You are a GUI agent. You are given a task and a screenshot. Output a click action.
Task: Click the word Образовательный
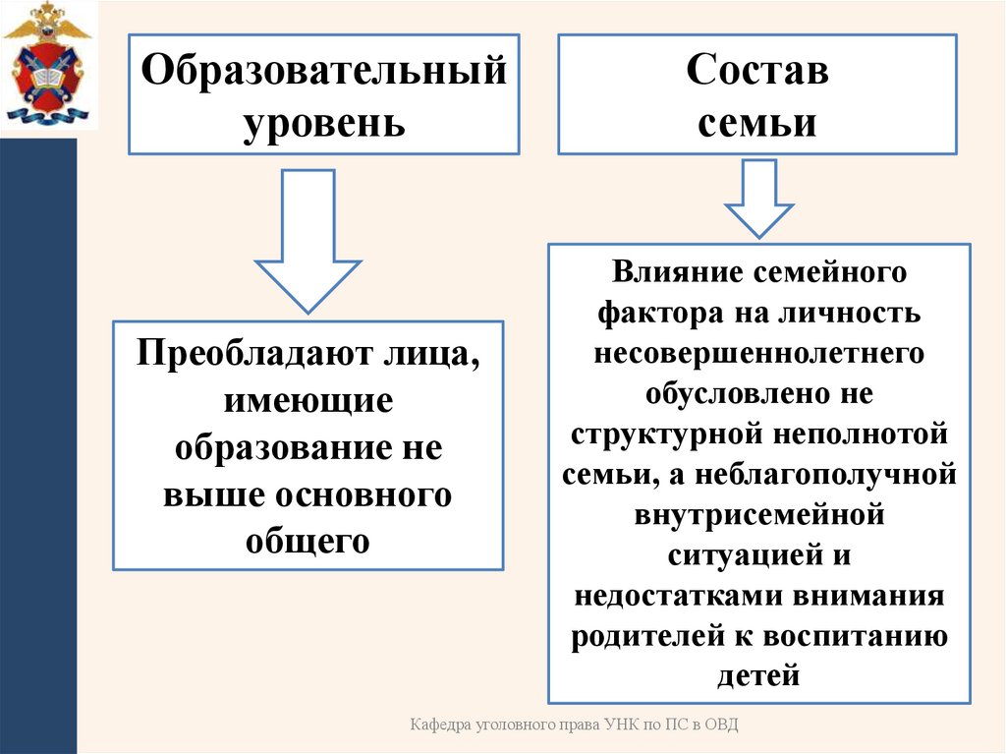(324, 72)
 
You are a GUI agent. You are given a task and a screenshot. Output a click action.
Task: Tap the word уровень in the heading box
(324, 123)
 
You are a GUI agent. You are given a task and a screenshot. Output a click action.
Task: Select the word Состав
(756, 72)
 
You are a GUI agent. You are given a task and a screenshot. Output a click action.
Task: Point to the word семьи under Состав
(756, 123)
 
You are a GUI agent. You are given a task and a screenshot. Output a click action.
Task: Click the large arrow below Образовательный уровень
(307, 241)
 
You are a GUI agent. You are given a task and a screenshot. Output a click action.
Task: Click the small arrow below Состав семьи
(758, 198)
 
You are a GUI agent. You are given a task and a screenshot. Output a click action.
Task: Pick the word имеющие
(307, 400)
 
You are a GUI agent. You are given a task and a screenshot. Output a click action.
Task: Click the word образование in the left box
(277, 447)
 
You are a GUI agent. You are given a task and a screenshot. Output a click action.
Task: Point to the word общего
(307, 541)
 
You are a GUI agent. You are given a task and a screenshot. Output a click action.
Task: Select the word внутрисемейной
(758, 514)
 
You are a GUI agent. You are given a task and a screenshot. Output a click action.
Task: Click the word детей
(758, 675)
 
